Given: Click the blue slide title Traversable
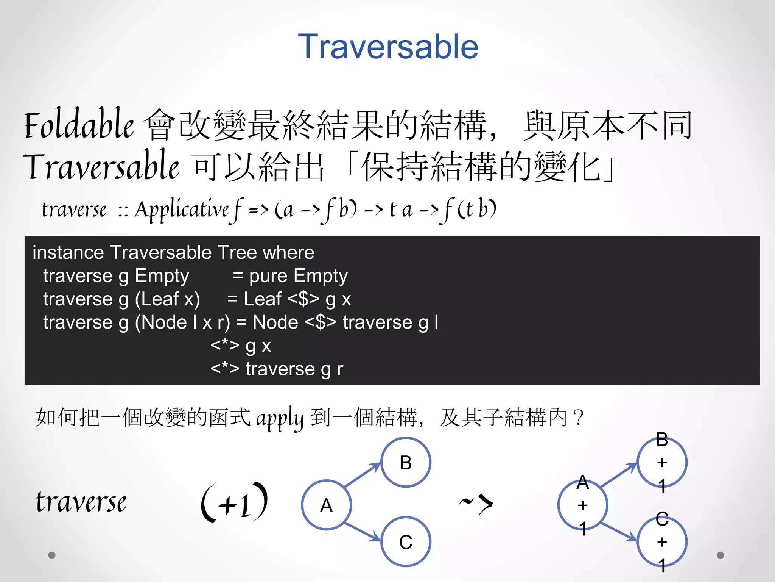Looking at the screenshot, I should pyautogui.click(x=388, y=47).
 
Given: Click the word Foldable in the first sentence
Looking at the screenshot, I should pyautogui.click(x=79, y=124).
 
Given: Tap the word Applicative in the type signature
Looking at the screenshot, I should pyautogui.click(x=182, y=209).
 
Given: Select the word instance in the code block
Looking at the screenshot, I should pyautogui.click(x=68, y=252).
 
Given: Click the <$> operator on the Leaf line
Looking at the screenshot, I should pyautogui.click(x=303, y=299).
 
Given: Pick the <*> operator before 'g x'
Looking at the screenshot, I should pyautogui.click(x=225, y=345).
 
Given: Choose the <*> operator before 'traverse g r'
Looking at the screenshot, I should pyautogui.click(x=225, y=369).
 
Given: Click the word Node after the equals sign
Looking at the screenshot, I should pyautogui.click(x=275, y=322).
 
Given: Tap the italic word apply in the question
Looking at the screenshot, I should pyautogui.click(x=280, y=418).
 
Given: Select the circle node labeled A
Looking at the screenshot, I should pyautogui.click(x=327, y=505).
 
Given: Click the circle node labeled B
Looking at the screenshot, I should pyautogui.click(x=406, y=462).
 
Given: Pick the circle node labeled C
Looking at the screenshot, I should pyautogui.click(x=406, y=542).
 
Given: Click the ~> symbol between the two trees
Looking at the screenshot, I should pyautogui.click(x=476, y=504).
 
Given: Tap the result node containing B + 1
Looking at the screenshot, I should pyautogui.click(x=662, y=462).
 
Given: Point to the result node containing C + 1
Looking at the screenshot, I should pyautogui.click(x=662, y=542).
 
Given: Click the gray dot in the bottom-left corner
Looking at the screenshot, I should pyautogui.click(x=52, y=555).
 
